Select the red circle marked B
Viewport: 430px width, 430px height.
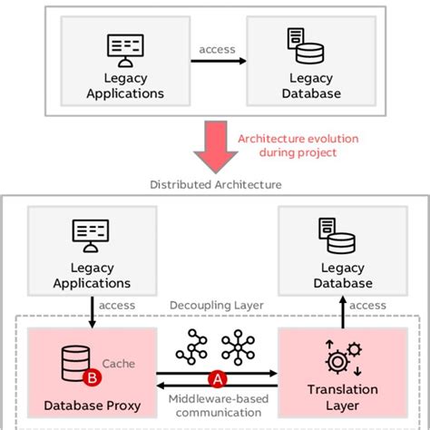(90, 375)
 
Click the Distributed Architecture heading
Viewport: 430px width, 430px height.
(215, 184)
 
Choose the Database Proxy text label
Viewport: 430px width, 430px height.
(92, 405)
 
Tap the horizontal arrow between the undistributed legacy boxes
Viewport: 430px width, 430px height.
(218, 61)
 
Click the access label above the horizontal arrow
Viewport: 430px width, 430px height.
(218, 50)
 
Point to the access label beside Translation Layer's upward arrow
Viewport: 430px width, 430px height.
(368, 306)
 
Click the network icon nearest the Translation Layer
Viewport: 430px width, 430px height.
(239, 347)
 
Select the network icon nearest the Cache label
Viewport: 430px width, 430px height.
(191, 347)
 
